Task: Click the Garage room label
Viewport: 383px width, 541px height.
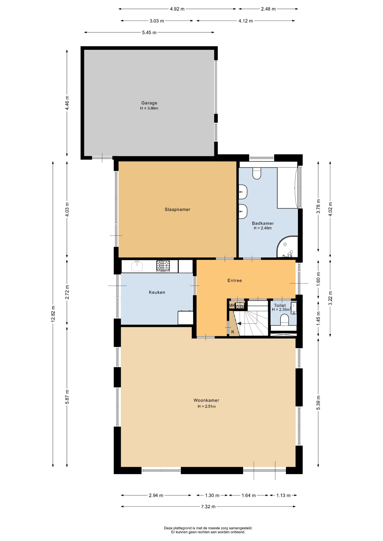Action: pos(149,103)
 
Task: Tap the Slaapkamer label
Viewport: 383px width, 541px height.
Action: pos(177,209)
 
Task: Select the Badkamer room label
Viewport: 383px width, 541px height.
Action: pos(263,223)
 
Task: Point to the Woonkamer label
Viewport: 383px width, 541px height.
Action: pos(206,400)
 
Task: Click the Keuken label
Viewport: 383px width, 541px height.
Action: pos(157,292)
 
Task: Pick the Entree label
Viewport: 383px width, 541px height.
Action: pos(235,281)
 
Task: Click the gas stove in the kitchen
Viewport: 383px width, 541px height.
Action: pos(163,266)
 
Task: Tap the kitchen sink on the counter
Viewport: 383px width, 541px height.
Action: pos(137,266)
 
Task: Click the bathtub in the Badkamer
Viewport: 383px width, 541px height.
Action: pos(287,188)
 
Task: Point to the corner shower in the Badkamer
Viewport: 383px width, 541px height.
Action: pos(287,247)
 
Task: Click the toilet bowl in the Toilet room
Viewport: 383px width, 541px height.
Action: pos(285,320)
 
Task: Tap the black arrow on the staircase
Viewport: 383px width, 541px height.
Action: pos(239,323)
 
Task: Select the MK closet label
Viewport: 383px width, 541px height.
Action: pos(232,305)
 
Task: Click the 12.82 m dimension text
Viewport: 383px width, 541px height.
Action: pos(53,314)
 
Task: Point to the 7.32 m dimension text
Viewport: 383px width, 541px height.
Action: pos(208,507)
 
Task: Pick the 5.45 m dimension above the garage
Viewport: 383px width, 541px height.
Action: pos(149,33)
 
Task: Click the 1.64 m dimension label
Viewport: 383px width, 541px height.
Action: pos(248,495)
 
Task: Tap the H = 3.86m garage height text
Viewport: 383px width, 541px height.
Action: pos(149,108)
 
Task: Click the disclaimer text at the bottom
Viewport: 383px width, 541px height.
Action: pos(208,530)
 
